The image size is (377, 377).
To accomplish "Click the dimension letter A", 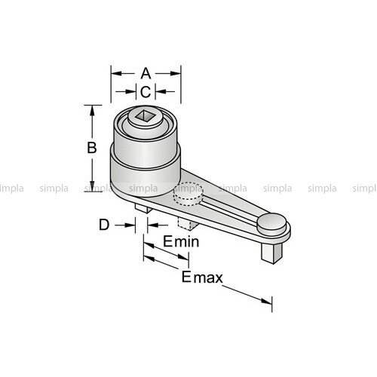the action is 146,73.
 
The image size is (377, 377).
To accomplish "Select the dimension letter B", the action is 92,148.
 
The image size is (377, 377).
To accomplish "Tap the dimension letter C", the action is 146,92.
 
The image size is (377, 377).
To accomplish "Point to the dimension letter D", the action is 104,225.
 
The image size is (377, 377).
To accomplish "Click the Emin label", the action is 181,241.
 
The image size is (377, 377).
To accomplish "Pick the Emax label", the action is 202,277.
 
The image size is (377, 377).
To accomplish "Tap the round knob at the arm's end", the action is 271,222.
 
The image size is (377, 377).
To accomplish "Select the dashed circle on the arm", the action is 188,194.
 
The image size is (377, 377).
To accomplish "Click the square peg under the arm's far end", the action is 272,253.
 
